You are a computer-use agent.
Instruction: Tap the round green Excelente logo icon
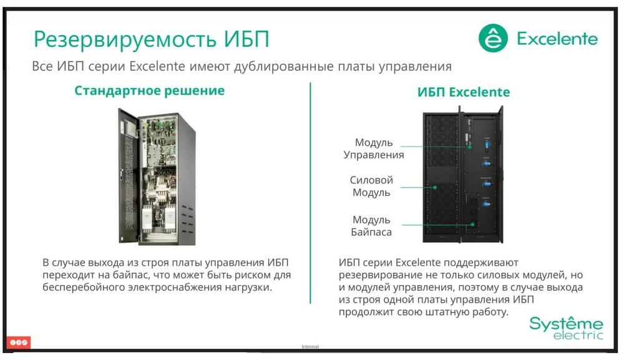[x=493, y=38]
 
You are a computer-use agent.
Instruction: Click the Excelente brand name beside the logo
[x=557, y=39]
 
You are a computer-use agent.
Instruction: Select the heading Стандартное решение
[x=150, y=90]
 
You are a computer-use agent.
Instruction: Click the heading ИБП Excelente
[x=464, y=92]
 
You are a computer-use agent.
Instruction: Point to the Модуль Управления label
[x=374, y=148]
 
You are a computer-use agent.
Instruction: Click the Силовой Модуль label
[x=371, y=186]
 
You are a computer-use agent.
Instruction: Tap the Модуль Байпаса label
[x=371, y=226]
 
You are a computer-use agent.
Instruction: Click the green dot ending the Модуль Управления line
[x=470, y=147]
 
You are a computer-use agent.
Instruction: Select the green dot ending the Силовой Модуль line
[x=435, y=187]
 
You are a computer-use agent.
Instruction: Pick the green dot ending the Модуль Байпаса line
[x=473, y=225]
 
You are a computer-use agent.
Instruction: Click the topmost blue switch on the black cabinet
[x=487, y=145]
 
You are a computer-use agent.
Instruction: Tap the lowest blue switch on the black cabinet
[x=486, y=203]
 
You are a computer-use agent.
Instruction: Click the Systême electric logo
[x=567, y=328]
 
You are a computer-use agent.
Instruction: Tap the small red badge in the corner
[x=18, y=342]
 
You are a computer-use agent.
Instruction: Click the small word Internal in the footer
[x=310, y=346]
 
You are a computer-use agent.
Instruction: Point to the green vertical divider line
[x=310, y=193]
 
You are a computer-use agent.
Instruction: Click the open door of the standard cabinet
[x=129, y=175]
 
